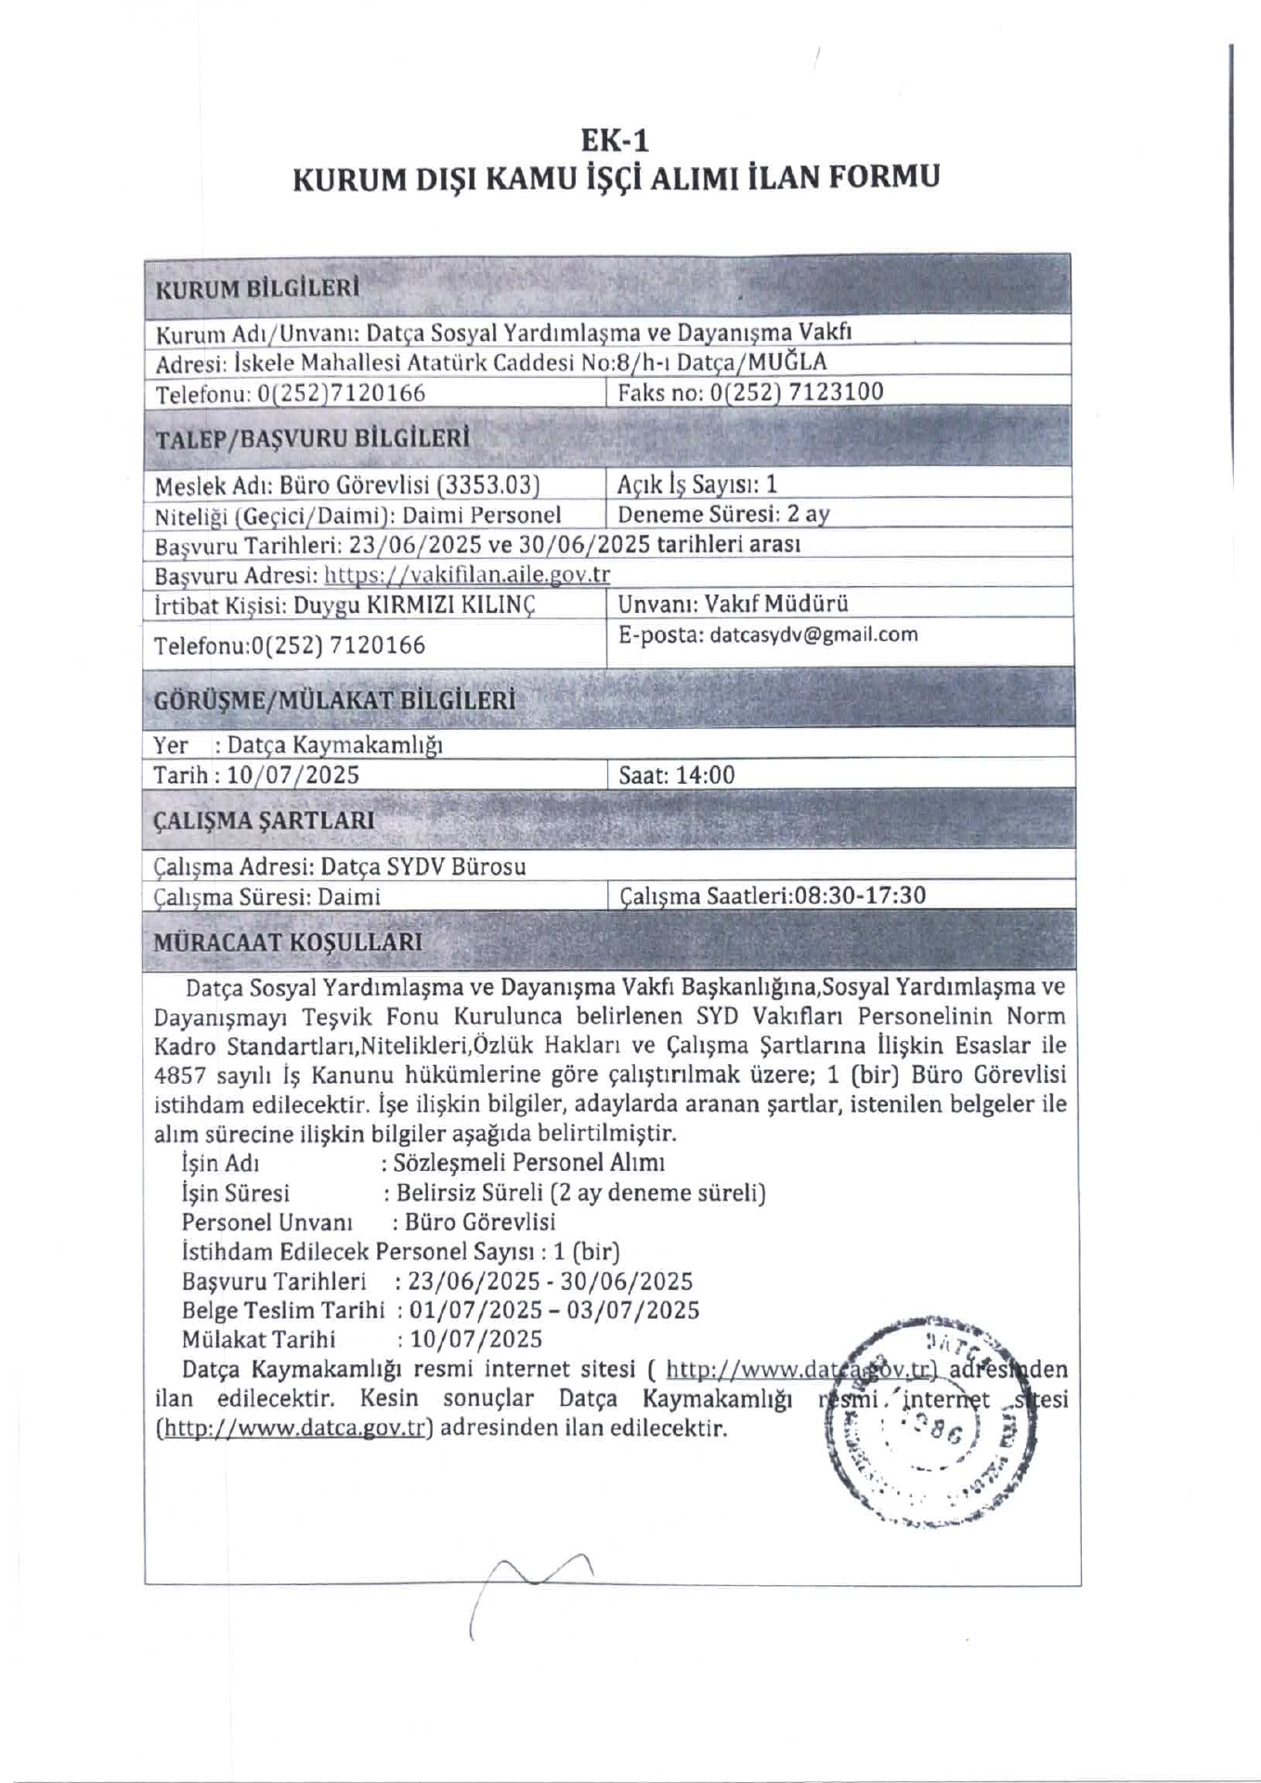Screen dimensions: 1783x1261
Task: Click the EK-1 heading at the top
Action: pyautogui.click(x=614, y=140)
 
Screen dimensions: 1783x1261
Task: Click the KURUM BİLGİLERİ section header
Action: pyautogui.click(x=257, y=288)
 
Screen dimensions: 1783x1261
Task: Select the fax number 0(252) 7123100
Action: pyautogui.click(x=796, y=392)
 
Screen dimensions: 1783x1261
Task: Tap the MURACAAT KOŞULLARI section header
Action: pyautogui.click(x=288, y=942)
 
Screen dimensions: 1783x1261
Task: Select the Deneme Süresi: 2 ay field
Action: pyautogui.click(x=723, y=514)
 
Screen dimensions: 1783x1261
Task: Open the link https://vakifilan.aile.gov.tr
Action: pyautogui.click(x=467, y=575)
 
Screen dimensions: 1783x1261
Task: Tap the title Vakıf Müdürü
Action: pyautogui.click(x=776, y=604)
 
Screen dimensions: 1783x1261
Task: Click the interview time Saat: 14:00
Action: pyautogui.click(x=676, y=774)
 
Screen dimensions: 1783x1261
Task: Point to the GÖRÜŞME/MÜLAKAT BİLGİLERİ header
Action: pyautogui.click(x=334, y=700)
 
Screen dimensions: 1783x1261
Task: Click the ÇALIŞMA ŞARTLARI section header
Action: pyautogui.click(x=265, y=821)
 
